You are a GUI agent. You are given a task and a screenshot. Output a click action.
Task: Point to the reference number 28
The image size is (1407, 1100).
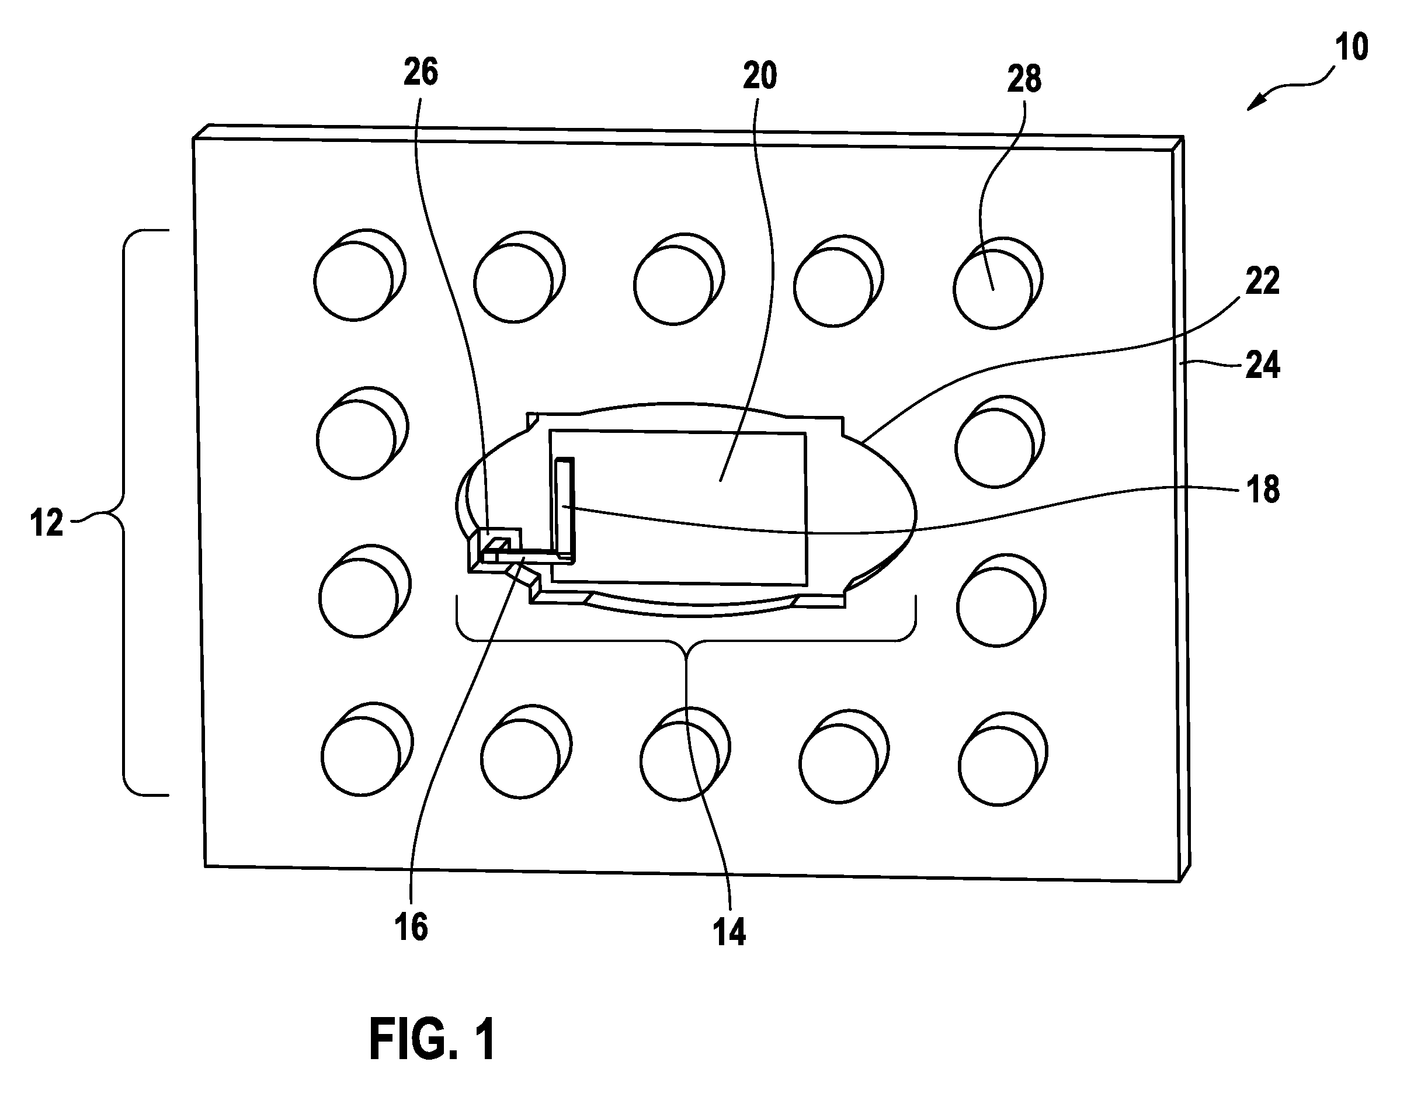pos(1024,79)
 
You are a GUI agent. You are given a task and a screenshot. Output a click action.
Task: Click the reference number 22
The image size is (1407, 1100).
pos(1262,281)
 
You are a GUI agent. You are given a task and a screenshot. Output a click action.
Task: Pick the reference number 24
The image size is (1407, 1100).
pos(1262,365)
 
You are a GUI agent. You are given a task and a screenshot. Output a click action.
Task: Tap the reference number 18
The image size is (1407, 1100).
pos(1263,490)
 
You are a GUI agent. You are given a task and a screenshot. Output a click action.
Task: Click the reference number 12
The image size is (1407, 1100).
pos(47,523)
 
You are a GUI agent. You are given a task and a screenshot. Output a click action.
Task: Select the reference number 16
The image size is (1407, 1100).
pos(411,927)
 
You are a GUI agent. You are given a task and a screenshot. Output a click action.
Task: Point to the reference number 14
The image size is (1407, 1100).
pos(729,932)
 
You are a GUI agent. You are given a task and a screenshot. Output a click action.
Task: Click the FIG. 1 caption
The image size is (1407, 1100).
pos(433,1039)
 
